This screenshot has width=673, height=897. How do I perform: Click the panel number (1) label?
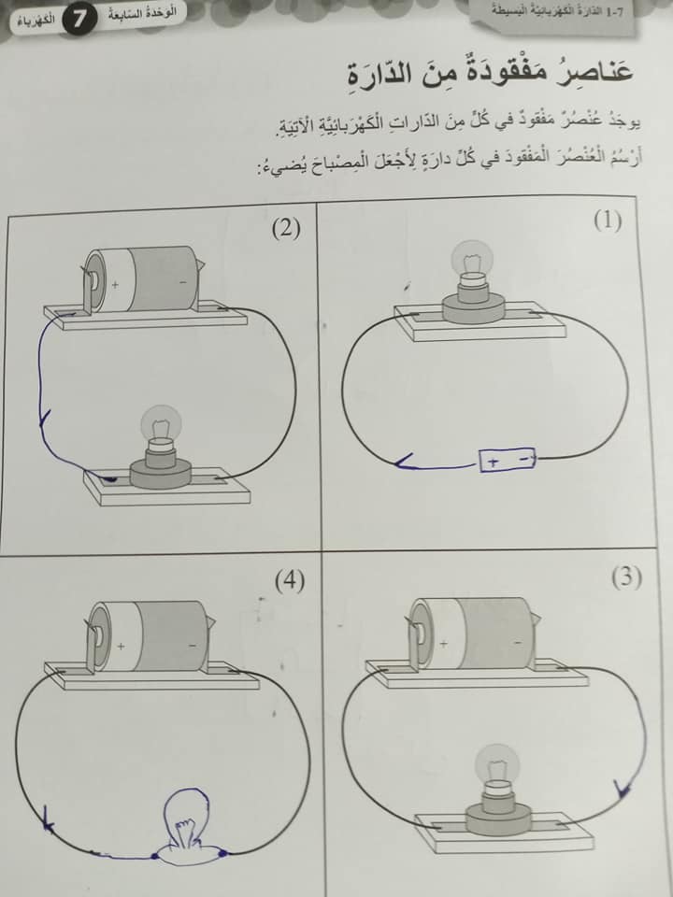(x=608, y=221)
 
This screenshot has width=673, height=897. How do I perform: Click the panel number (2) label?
(x=286, y=229)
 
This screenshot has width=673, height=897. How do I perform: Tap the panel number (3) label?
(x=626, y=578)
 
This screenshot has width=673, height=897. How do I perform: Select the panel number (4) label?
(x=290, y=582)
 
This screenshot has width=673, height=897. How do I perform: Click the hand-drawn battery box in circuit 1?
(x=507, y=460)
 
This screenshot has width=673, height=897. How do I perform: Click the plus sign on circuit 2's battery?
(x=115, y=284)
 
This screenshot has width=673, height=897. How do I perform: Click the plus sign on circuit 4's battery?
(x=121, y=647)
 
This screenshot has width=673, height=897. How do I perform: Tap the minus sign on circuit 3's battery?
(x=518, y=643)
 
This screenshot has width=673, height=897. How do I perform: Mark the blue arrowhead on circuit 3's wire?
(x=622, y=789)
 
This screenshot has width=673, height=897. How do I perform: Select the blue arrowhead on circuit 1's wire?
(x=405, y=461)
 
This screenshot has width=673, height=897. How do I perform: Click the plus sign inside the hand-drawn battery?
(x=494, y=462)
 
